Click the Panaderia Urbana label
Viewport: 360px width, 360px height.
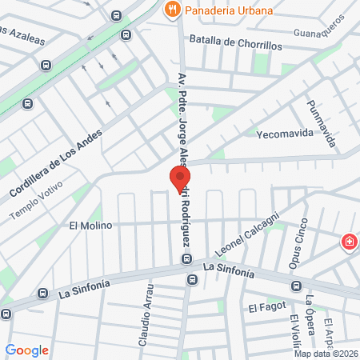[229, 10]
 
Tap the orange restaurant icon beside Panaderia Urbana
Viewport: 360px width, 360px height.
[170, 10]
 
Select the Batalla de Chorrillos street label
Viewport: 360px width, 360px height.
[235, 45]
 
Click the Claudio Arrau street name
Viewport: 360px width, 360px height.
[146, 316]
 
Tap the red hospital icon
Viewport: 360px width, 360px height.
[349, 243]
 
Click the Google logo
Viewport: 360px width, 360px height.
[27, 350]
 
